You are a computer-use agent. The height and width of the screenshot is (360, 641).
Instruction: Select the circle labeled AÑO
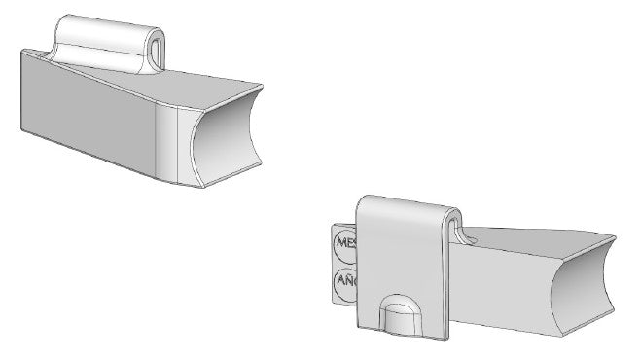(x=345, y=282)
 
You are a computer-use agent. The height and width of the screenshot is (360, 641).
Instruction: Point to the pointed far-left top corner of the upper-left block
(x=21, y=49)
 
